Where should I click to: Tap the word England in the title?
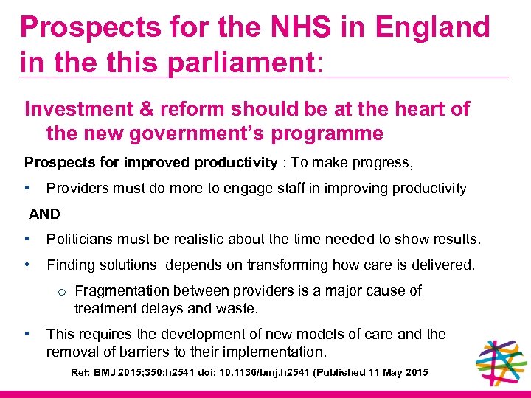point(433,27)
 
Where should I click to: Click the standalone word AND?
point(44,214)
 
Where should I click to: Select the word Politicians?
point(80,239)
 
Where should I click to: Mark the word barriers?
point(174,352)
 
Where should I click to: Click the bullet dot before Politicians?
point(27,239)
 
